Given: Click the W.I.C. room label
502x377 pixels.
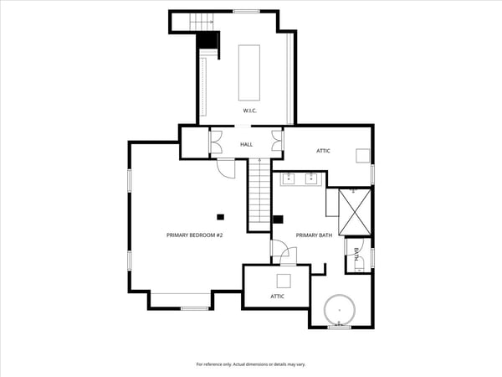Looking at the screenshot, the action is pos(249,111).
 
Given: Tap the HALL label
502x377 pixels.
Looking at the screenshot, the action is pos(246,145).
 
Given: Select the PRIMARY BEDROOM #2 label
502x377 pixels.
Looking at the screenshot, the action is pos(194,235).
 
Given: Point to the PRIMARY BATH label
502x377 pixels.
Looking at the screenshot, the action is pos(314,235).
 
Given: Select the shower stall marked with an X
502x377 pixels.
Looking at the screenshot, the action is pos(355,212).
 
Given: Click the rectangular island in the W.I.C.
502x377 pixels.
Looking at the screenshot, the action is pos(249,73).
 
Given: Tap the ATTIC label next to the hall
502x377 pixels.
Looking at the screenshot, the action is pos(323,151).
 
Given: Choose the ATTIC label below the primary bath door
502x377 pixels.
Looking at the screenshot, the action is pos(277,297).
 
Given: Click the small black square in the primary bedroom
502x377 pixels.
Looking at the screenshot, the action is pos(220,217).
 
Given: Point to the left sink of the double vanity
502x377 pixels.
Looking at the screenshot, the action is pos(289,178).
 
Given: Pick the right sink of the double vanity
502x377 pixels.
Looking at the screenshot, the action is pos(311,178).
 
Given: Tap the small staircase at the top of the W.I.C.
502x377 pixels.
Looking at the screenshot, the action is pos(202,22).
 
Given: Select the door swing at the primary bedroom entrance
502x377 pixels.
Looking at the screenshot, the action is pos(226,168).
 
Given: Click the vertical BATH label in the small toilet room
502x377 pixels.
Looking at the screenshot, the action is pos(356,254).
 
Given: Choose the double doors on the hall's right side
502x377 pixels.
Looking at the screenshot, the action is pos(277,141).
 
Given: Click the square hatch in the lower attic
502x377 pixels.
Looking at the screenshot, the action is pos(284,281).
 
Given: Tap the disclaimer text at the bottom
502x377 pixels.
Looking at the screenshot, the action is pos(251,364).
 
